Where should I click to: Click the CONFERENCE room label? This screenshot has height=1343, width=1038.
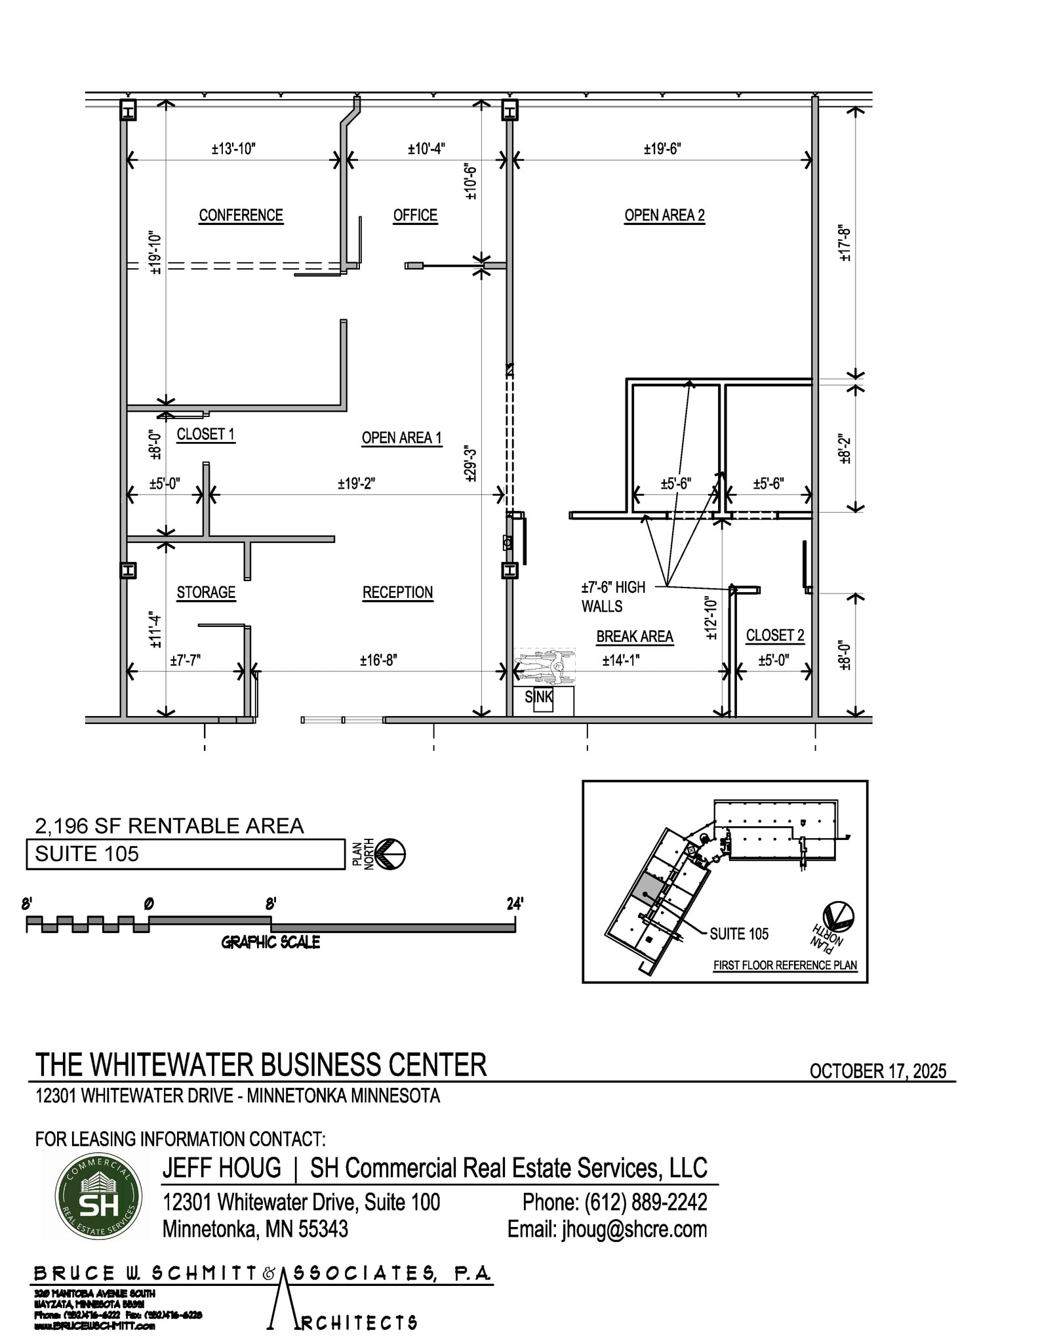(x=241, y=215)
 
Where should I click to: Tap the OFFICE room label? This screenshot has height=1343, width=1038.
(x=415, y=215)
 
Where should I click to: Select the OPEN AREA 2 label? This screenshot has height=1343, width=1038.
(x=664, y=215)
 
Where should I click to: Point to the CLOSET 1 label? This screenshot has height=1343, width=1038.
(x=205, y=434)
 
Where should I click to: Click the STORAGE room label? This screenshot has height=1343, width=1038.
(x=206, y=592)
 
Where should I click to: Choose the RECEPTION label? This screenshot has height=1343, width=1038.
(x=397, y=592)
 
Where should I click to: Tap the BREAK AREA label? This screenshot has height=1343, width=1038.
(x=634, y=636)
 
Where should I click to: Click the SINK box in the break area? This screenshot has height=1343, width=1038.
(x=539, y=698)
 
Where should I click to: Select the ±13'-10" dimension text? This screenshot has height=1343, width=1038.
(x=233, y=149)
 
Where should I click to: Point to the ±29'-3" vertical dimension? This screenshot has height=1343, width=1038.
(x=470, y=464)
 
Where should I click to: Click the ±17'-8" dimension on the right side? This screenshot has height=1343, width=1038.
(x=845, y=244)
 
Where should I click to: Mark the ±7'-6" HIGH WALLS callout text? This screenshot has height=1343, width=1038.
(x=612, y=596)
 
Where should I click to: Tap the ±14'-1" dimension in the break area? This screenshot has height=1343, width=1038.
(x=620, y=660)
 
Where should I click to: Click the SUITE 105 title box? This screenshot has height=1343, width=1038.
(x=185, y=854)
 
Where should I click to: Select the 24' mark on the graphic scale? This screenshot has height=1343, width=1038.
(x=515, y=904)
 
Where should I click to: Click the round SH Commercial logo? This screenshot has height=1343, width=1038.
(x=98, y=1196)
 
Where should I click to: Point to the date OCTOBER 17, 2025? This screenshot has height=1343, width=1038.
(x=877, y=1071)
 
